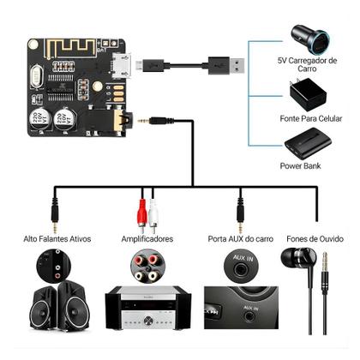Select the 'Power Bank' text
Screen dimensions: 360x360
coord(300,165)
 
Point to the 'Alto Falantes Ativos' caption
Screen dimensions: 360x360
coord(57,238)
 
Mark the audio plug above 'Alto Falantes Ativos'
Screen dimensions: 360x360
coord(56,214)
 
